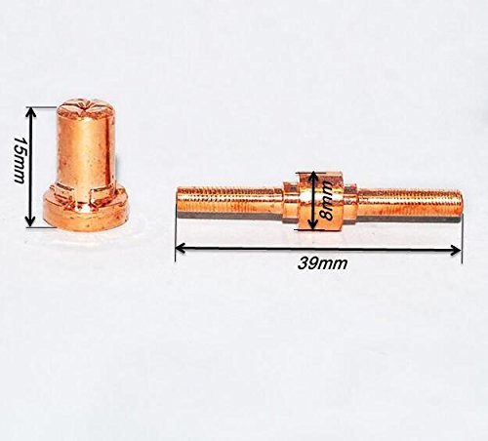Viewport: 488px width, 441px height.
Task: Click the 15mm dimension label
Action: tap(19, 160)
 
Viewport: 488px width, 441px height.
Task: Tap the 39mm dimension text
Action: tap(322, 263)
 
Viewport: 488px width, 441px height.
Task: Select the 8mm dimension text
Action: tap(326, 201)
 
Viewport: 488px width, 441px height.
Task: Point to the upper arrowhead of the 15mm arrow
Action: tap(30, 113)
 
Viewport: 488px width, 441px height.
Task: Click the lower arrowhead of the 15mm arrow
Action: tap(30, 220)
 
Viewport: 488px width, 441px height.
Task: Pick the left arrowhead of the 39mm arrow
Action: tap(181, 248)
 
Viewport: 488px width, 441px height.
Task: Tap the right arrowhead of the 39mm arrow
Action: tap(456, 250)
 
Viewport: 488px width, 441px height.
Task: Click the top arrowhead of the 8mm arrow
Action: tap(313, 178)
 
